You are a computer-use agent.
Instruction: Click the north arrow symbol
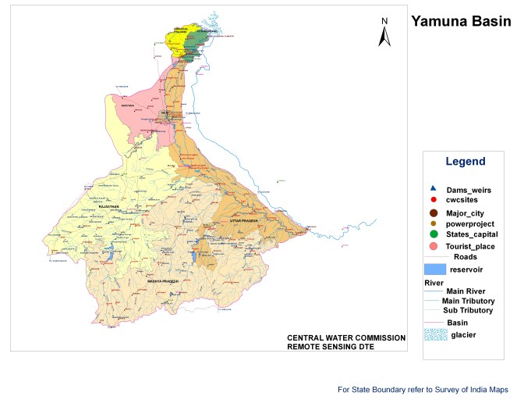click(384, 33)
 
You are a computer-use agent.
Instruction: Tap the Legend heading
click(465, 162)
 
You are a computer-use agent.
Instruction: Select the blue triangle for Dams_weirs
click(433, 188)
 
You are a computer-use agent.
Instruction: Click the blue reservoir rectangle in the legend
click(434, 269)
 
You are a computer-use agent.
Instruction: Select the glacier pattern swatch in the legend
click(434, 334)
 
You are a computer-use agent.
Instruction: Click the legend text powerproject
click(470, 223)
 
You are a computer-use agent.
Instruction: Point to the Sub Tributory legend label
click(468, 310)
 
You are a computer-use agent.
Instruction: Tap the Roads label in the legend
click(466, 256)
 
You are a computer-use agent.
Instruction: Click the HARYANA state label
click(128, 102)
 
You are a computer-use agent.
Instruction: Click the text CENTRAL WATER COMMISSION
click(346, 337)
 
